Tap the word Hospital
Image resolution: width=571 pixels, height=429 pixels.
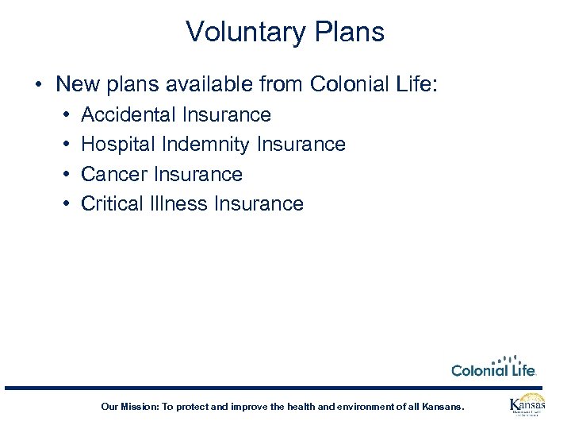(x=116, y=145)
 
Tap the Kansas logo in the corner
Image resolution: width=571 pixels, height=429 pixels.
(x=527, y=405)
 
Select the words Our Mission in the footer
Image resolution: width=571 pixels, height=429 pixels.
(x=128, y=407)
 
